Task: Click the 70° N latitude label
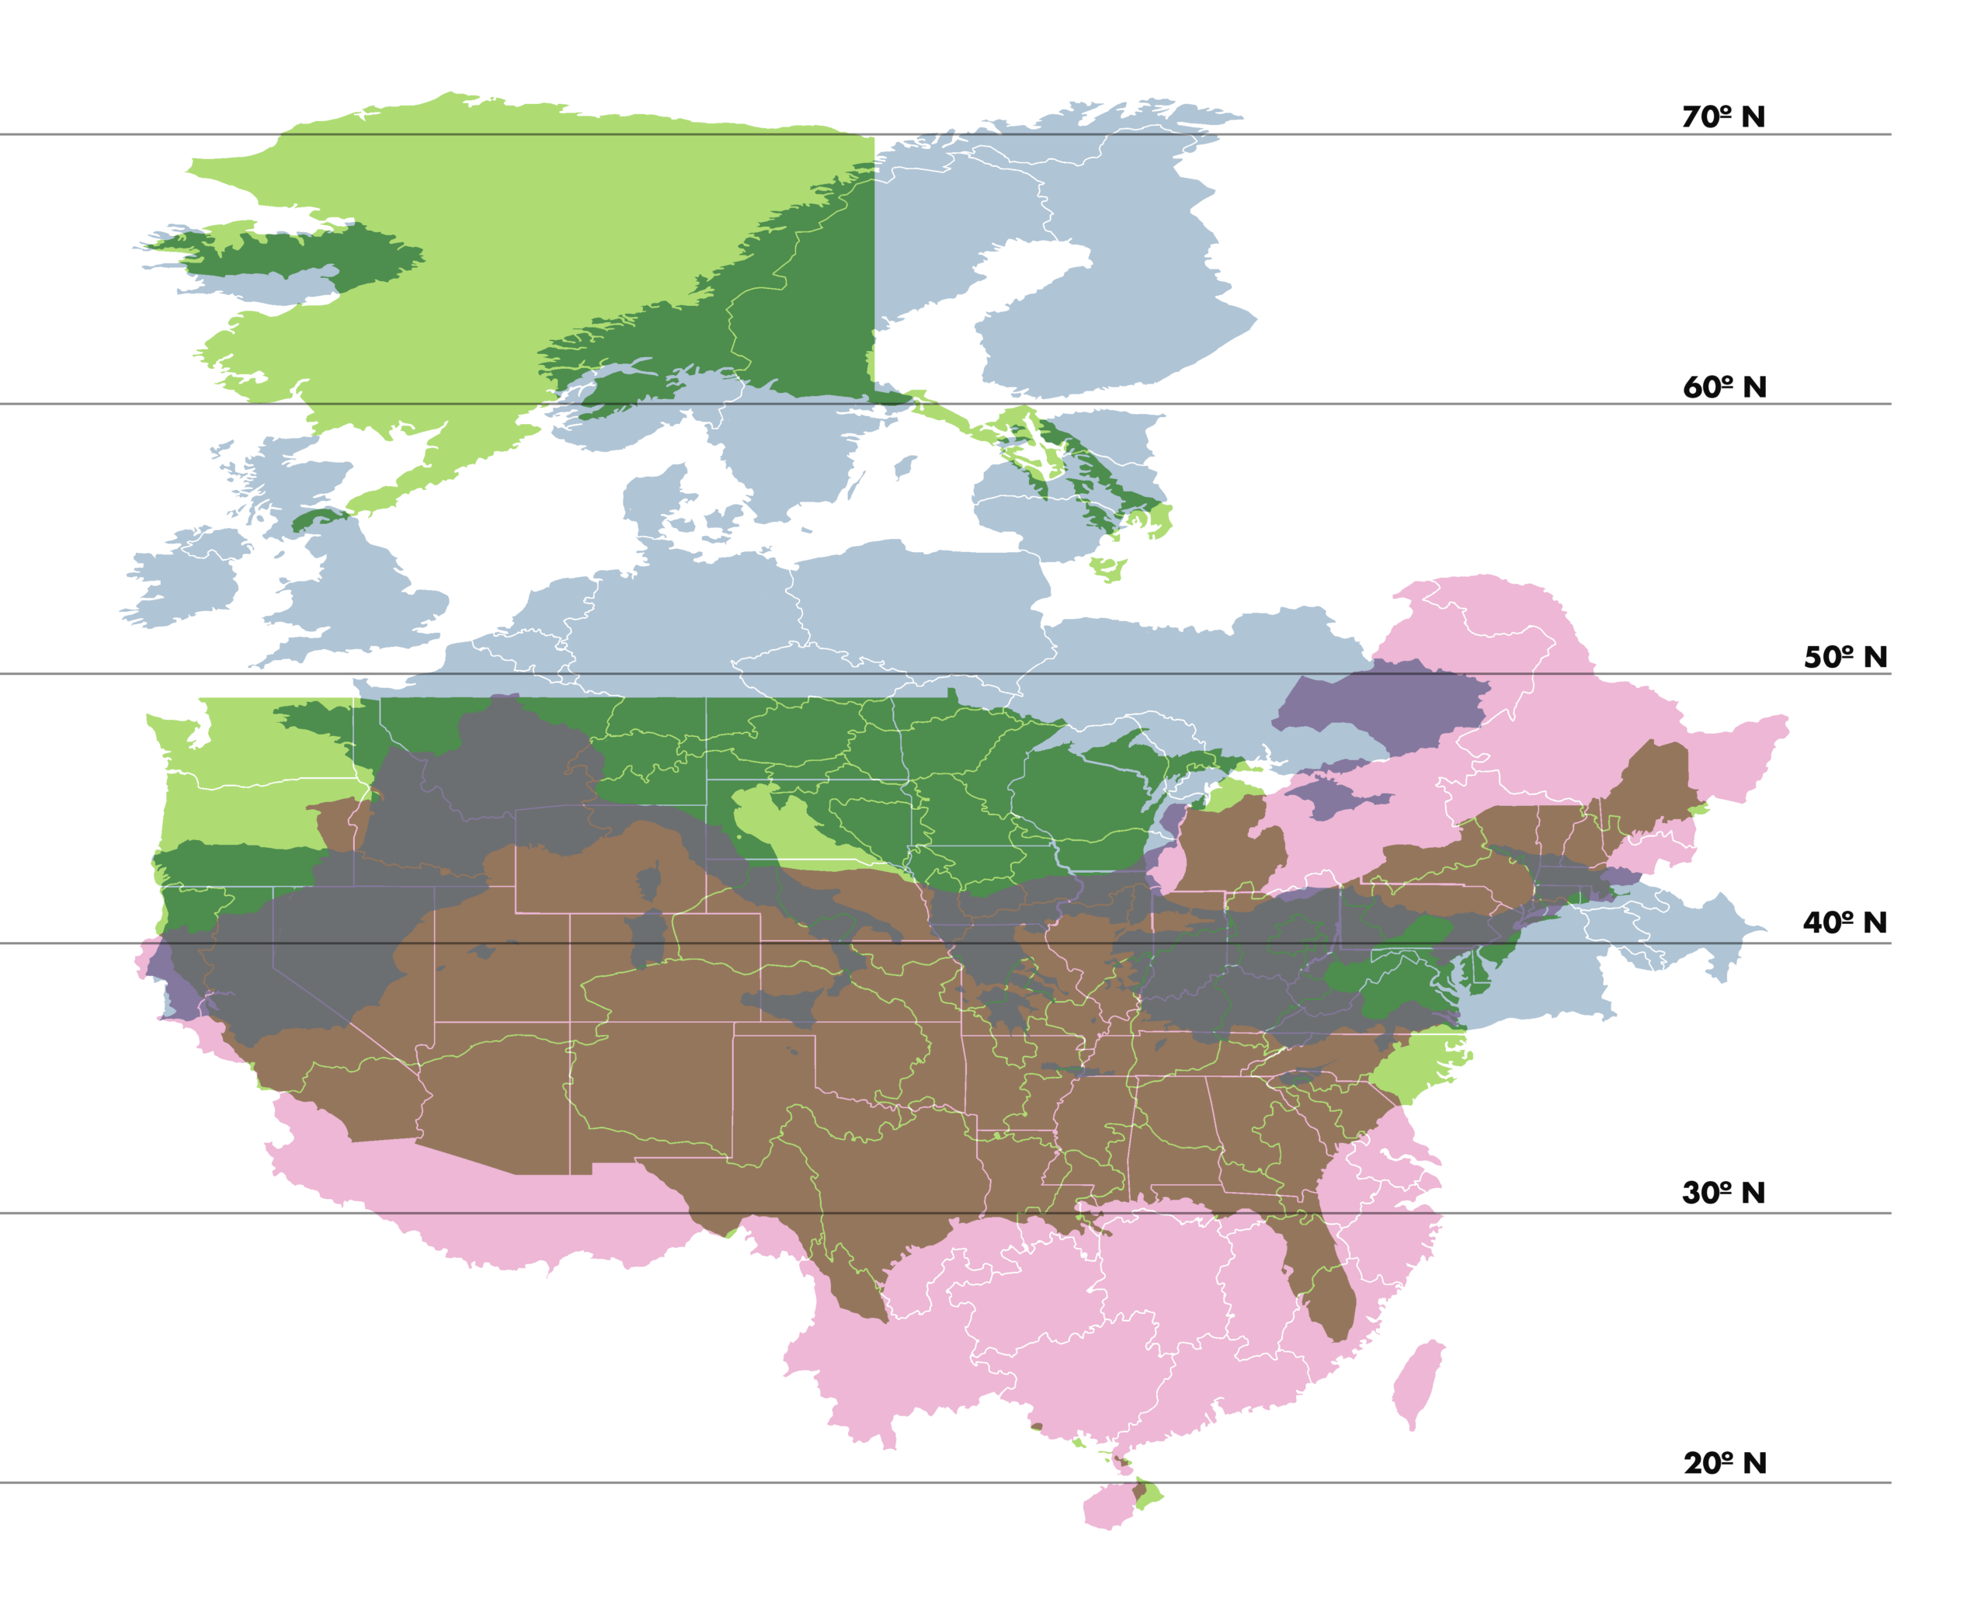(1723, 117)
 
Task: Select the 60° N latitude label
(1724, 387)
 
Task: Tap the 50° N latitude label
(1845, 658)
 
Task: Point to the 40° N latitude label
(1844, 923)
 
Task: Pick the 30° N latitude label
(1723, 1193)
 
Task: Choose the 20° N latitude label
(1724, 1464)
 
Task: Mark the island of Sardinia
(647, 938)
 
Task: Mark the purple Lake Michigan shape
(1168, 849)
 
